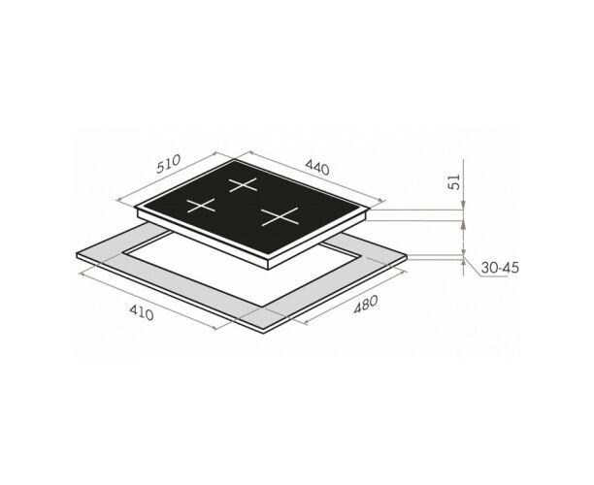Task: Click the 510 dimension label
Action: click(x=169, y=164)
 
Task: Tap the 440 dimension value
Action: click(x=317, y=168)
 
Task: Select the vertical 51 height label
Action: click(x=454, y=181)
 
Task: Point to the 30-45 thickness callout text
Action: click(x=500, y=268)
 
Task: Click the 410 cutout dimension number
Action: click(x=142, y=312)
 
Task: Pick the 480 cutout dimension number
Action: click(x=366, y=305)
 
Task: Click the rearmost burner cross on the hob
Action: click(x=244, y=184)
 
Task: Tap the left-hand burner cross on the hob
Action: click(x=201, y=206)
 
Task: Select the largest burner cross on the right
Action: click(x=280, y=217)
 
